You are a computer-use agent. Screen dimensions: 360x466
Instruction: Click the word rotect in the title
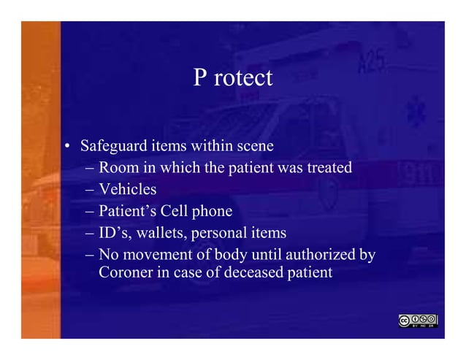[243, 78]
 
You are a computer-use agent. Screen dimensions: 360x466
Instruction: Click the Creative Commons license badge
[418, 320]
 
